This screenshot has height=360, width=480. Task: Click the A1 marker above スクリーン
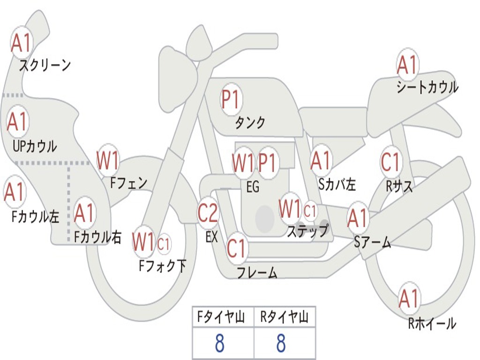[x=21, y=43]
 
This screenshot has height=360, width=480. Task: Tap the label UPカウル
[x=35, y=146]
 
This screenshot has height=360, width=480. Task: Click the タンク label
[x=250, y=122]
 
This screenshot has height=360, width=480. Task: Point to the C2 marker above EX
[x=208, y=213]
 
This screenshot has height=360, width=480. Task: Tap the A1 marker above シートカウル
[x=407, y=65]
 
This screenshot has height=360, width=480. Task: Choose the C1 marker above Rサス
[x=391, y=162]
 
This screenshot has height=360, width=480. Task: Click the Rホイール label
[x=432, y=323]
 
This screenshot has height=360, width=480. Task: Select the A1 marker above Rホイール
[x=409, y=299]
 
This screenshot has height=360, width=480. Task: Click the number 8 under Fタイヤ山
[x=220, y=343]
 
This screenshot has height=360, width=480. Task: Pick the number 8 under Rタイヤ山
[x=281, y=343]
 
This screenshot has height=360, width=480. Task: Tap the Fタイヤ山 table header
[x=221, y=316]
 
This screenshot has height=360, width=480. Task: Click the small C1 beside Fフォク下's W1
[x=164, y=244]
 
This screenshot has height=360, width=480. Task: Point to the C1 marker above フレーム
[x=237, y=248]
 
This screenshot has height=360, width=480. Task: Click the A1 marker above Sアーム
[x=358, y=218]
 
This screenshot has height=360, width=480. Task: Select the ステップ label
[x=307, y=231]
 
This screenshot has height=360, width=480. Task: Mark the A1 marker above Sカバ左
[x=321, y=161]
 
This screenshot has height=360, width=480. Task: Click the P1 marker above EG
[x=268, y=163]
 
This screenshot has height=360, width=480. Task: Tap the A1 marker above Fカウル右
[x=84, y=212]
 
